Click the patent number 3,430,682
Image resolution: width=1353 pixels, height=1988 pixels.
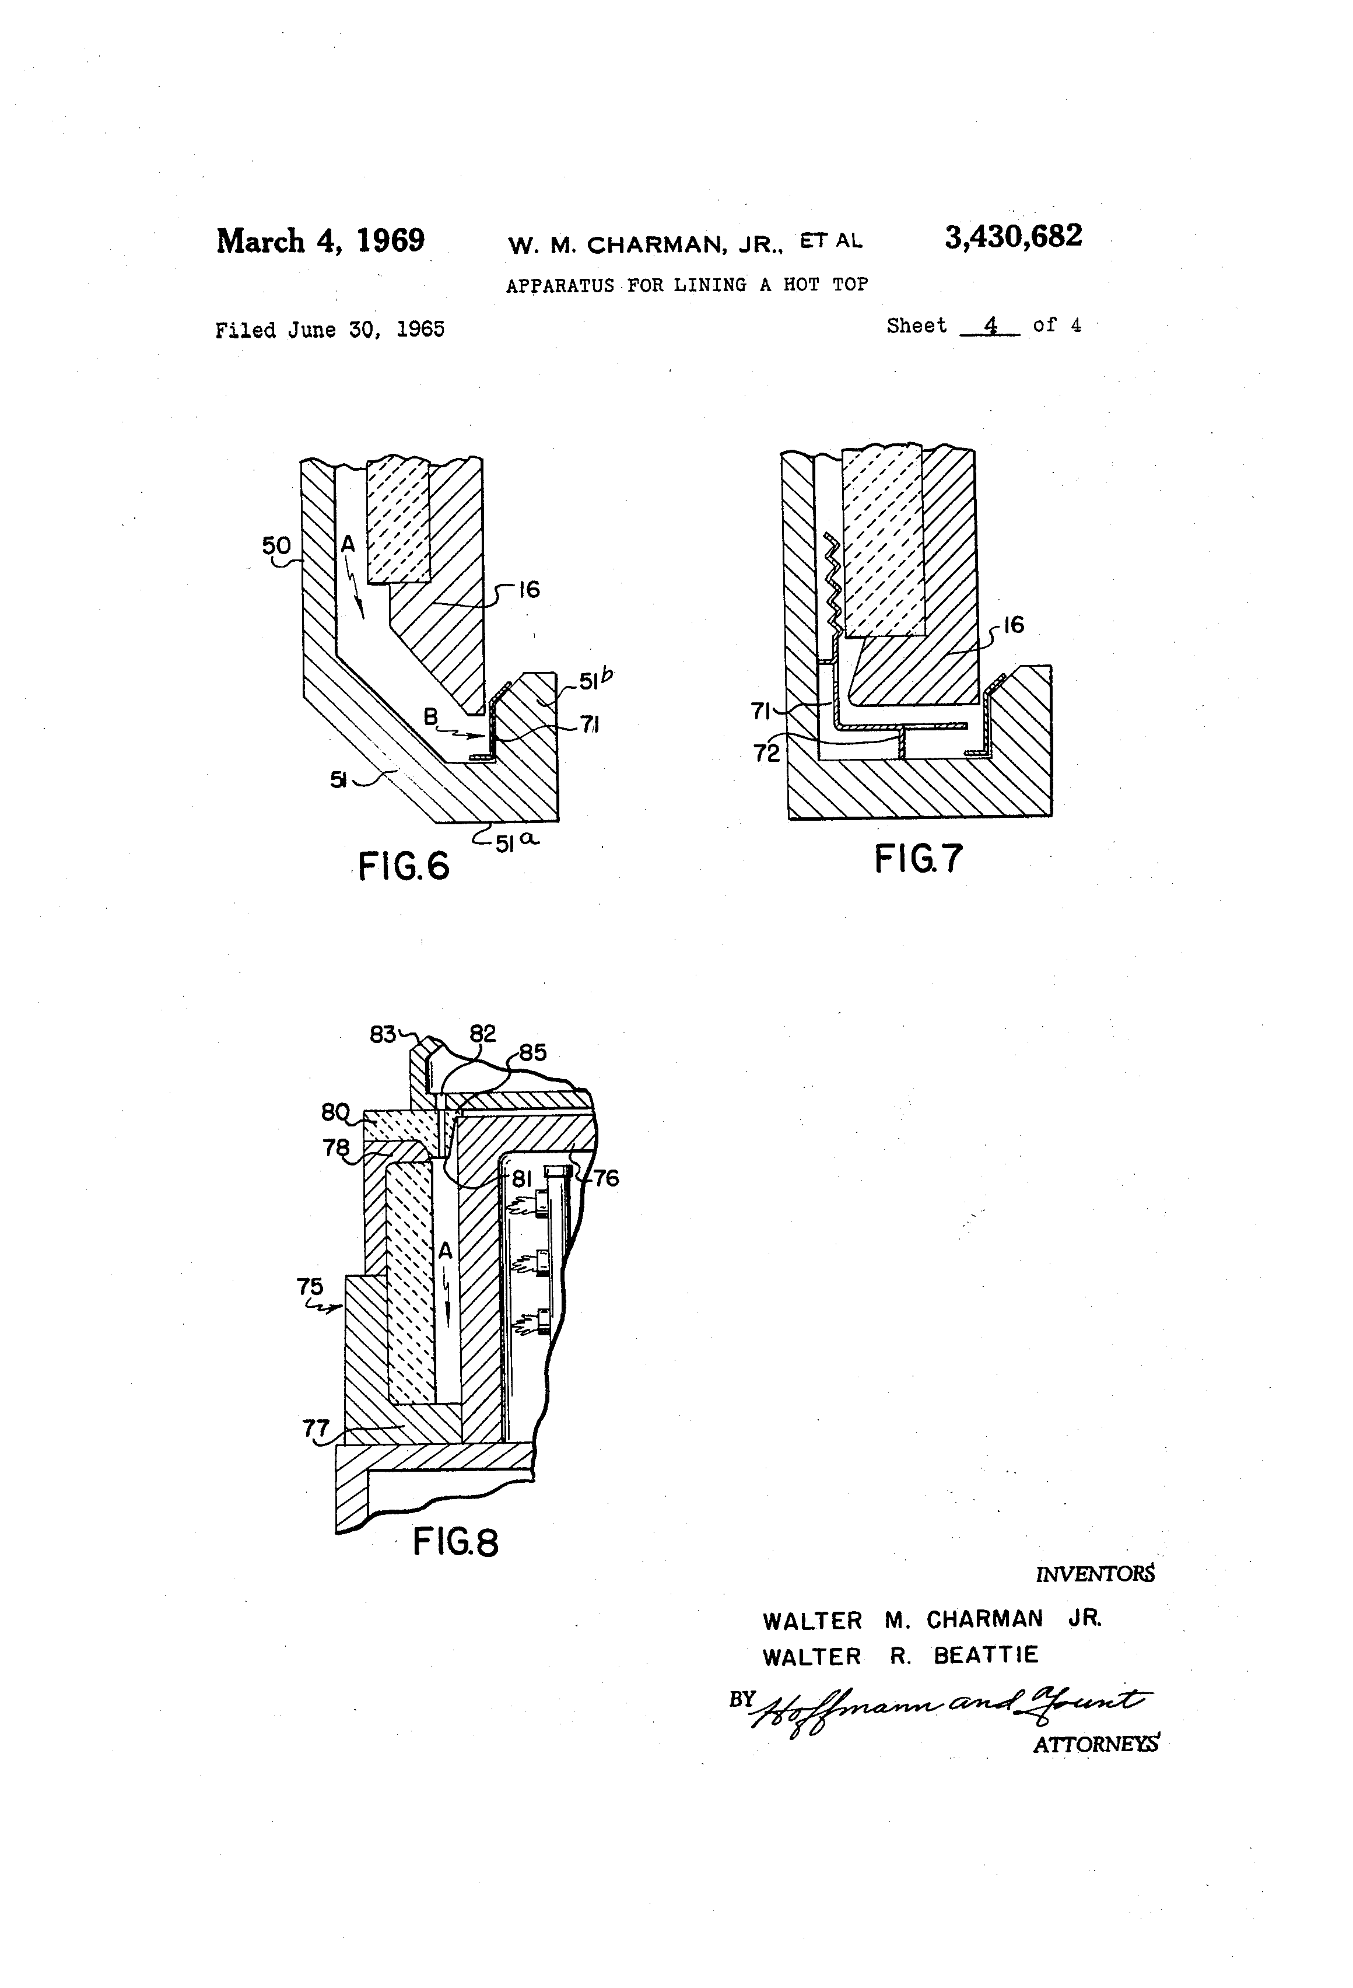pyautogui.click(x=1012, y=237)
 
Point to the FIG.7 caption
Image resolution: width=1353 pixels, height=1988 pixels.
pyautogui.click(x=918, y=858)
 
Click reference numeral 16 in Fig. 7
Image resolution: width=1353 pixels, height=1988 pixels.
pyautogui.click(x=1014, y=625)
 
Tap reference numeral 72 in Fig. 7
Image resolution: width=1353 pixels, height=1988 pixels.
pyautogui.click(x=767, y=752)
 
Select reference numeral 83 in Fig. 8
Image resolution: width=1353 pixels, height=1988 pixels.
pyautogui.click(x=383, y=1034)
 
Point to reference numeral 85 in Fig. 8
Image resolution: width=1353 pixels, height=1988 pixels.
pyautogui.click(x=532, y=1052)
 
